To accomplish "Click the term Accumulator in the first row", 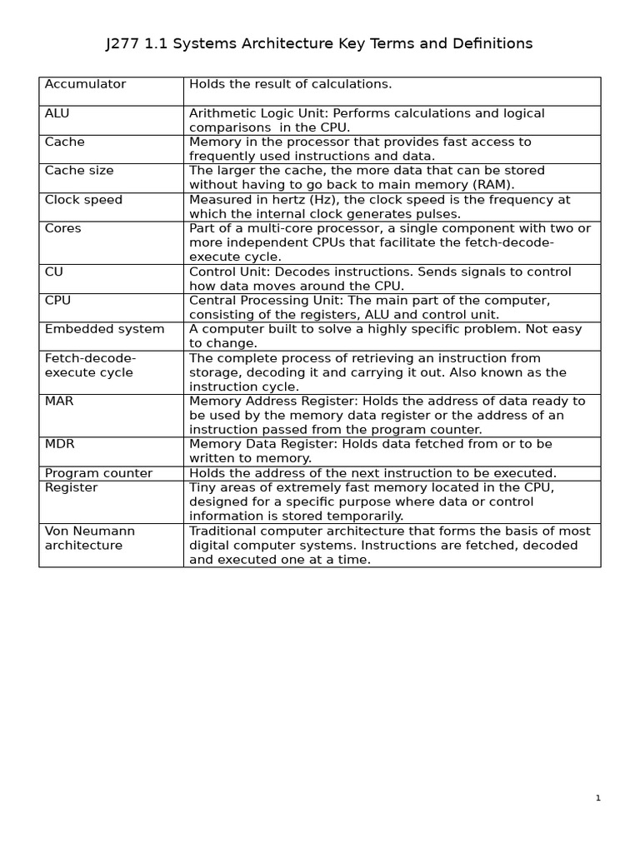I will [85, 84].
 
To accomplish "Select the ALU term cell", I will [57, 113].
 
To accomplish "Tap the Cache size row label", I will [79, 171].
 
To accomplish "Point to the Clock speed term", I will [83, 200].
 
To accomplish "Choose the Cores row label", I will [63, 228].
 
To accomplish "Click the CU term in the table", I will [54, 272].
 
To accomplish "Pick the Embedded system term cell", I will [104, 329].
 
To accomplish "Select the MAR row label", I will [59, 402].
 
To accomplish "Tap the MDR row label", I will [59, 444].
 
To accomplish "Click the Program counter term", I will [98, 473].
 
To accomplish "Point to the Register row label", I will [71, 487].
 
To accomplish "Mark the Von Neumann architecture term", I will [89, 538].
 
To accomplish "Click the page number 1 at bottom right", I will [597, 798].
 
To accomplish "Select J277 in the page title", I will [123, 44].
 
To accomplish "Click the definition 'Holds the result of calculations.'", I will [290, 84].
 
